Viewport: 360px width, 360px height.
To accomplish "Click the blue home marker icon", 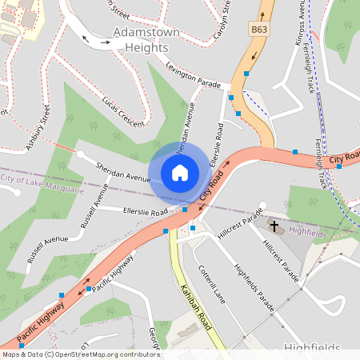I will point(180,173).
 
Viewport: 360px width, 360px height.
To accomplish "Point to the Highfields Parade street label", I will point(254,287).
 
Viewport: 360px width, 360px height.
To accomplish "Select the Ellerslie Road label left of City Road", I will point(145,212).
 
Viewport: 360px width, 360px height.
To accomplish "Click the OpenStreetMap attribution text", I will point(80,354).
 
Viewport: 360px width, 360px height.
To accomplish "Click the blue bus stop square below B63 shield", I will point(247,74).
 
